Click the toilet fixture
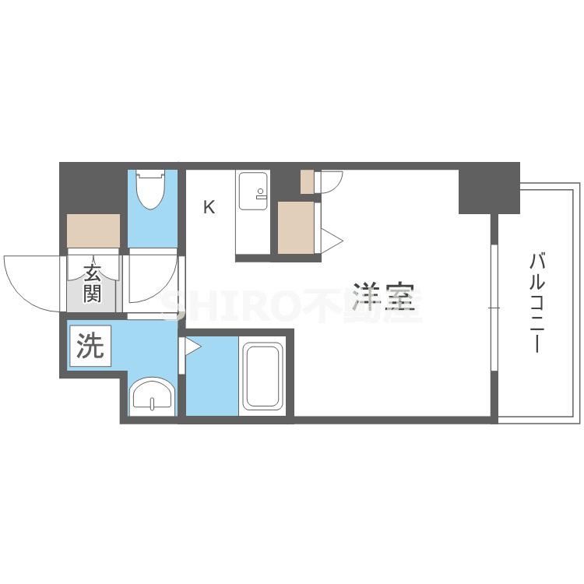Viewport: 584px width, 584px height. pos(150,189)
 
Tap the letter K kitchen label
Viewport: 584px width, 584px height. pos(209,207)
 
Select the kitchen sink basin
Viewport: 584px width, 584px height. pos(253,191)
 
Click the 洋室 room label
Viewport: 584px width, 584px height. pos(384,297)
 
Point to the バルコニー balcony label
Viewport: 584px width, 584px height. pos(537,302)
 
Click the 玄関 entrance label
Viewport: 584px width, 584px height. pos(92,283)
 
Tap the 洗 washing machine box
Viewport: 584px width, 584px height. pos(90,346)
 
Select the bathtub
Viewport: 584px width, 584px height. pos(262,376)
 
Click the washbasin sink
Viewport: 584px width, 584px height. pos(152,396)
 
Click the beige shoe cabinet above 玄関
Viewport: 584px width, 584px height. pos(93,230)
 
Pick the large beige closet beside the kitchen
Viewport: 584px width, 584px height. pos(296,227)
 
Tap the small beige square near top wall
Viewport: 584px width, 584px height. pos(308,181)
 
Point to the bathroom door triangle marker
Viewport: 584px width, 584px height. pos(192,347)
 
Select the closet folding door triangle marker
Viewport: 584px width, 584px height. pos(331,241)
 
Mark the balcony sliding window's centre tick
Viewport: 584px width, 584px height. pos(494,308)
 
